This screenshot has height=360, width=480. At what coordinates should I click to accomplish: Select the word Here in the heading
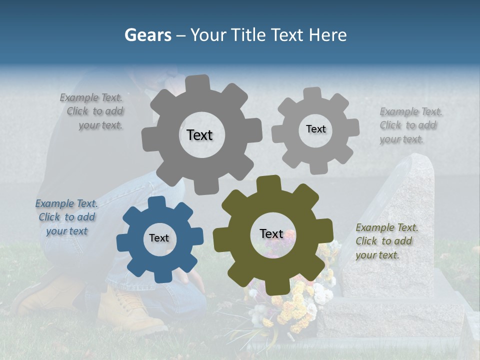click(x=327, y=35)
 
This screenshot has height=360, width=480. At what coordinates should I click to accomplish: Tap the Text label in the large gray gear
click(x=199, y=135)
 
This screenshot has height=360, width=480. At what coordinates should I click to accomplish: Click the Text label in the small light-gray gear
click(x=315, y=129)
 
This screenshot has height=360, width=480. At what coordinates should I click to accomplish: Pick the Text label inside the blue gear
click(x=159, y=238)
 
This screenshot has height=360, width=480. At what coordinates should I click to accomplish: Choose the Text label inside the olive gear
click(x=271, y=233)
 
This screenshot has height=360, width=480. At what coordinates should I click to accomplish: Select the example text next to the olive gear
click(x=387, y=241)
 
